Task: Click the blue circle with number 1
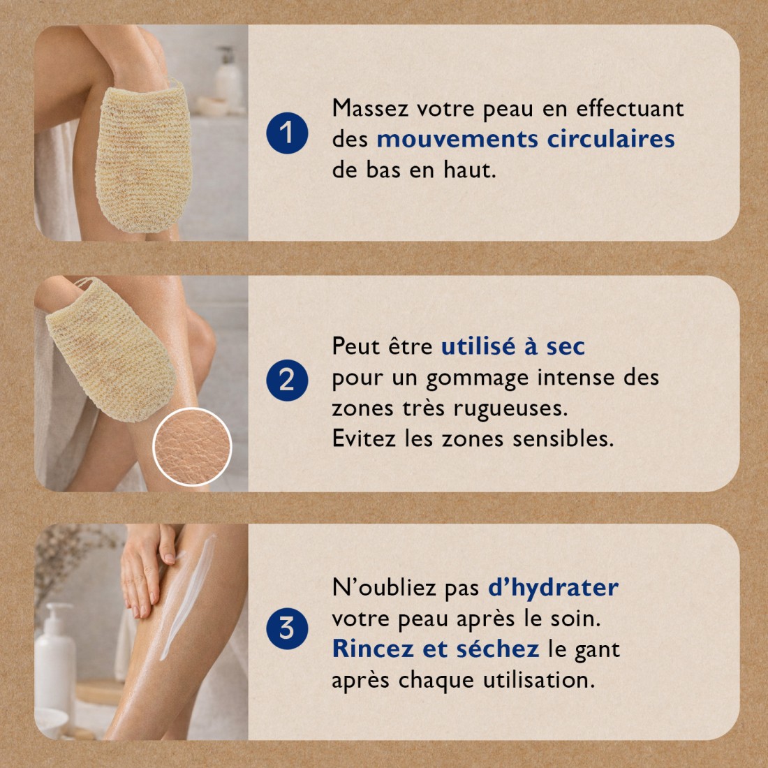(x=287, y=133)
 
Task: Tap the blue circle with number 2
(x=287, y=381)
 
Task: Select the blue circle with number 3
(x=287, y=628)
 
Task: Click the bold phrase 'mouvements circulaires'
(x=525, y=139)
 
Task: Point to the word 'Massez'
(x=370, y=108)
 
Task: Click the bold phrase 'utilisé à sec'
(x=512, y=346)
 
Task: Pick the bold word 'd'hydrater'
(x=552, y=588)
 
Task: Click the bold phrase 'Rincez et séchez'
(x=435, y=649)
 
